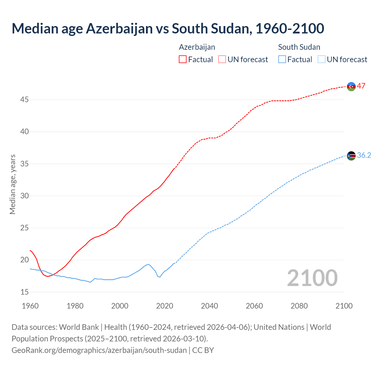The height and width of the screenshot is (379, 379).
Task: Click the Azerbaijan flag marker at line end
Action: coord(351,86)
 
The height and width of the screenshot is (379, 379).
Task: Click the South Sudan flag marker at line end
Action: coord(351,156)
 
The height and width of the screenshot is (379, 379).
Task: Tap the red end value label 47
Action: coord(361,86)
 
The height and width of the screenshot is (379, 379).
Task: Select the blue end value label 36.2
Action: coord(364,155)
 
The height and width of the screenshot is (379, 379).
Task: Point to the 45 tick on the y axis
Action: coord(25,100)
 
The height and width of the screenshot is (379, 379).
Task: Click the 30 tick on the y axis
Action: coord(25,196)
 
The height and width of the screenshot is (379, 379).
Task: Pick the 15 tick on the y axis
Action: coord(25,292)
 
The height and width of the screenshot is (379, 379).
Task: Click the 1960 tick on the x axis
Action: coord(30,306)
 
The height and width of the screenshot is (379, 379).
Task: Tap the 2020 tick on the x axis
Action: coord(165,306)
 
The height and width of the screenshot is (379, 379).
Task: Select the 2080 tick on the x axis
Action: coord(299,306)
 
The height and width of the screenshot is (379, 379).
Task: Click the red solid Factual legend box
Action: coord(183,60)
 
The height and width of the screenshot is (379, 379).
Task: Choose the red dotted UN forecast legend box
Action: coord(222,60)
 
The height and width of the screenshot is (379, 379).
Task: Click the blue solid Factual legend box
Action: coord(282,60)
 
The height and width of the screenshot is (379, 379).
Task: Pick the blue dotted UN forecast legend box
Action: coord(321,60)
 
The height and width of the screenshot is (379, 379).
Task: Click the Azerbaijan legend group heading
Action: coord(197,47)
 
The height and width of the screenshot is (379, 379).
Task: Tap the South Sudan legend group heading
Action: coord(299,47)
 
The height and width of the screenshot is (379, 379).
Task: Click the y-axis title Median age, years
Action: coord(12,184)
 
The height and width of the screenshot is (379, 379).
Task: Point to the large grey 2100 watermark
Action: coord(312,278)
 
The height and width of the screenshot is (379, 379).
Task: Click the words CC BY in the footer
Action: coord(203,350)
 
